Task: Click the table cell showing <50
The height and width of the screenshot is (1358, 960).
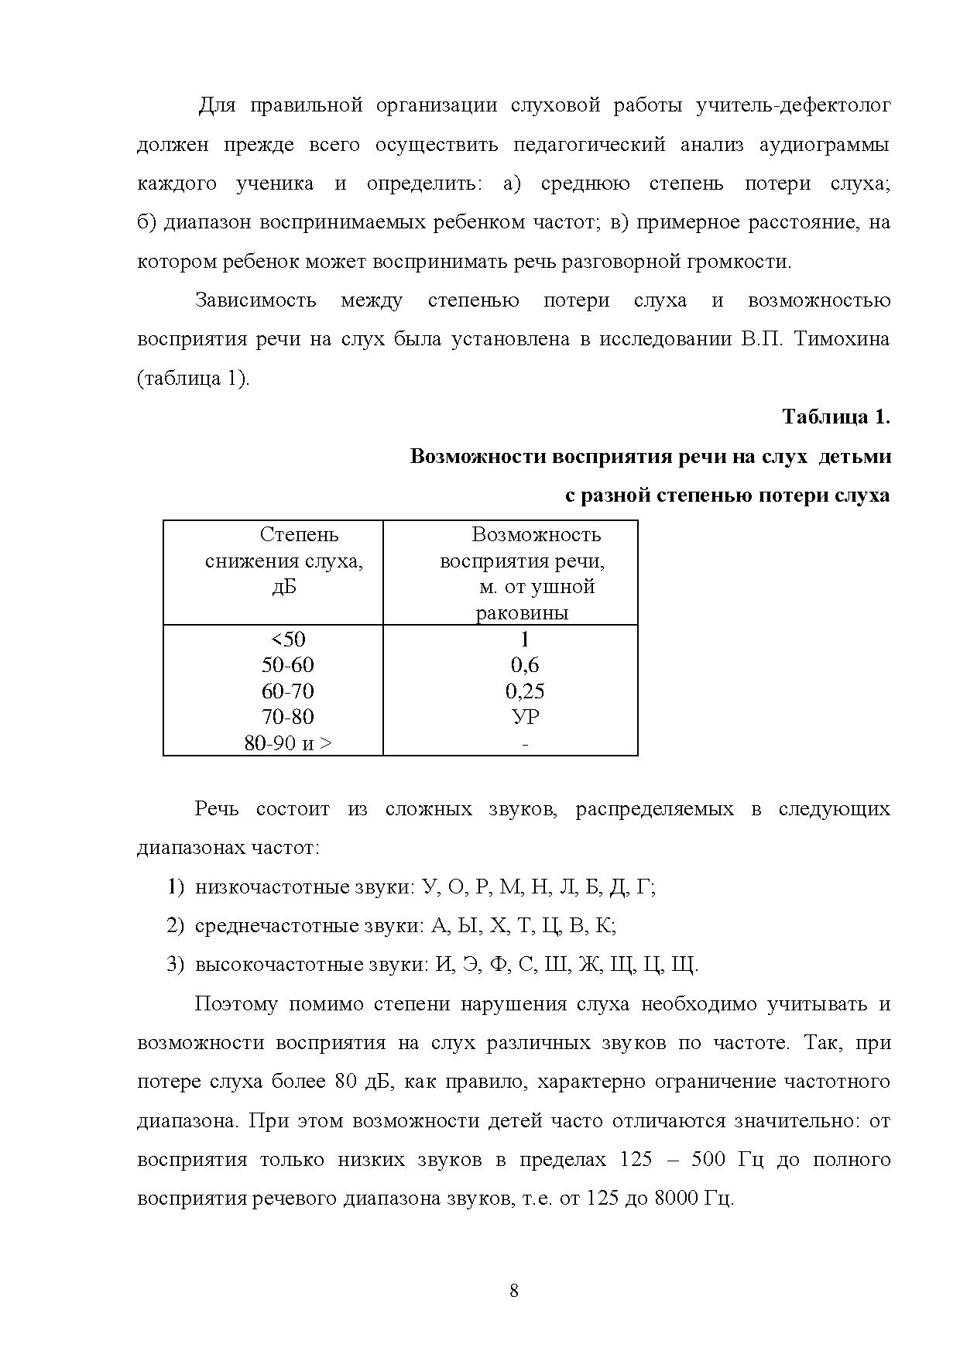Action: point(288,640)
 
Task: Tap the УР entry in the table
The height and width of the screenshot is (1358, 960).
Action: point(526,717)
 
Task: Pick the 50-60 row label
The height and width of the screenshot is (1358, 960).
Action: point(288,665)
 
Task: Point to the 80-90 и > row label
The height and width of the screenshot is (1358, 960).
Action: point(288,743)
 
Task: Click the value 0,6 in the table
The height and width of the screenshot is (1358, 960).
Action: point(525,665)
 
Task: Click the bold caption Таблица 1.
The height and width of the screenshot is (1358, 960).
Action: point(835,417)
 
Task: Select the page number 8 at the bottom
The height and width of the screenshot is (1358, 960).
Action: point(514,1291)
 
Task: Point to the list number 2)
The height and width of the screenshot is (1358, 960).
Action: point(176,926)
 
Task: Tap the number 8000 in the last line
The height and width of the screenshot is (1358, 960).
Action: point(677,1199)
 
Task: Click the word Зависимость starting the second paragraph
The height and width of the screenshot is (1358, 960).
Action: point(255,300)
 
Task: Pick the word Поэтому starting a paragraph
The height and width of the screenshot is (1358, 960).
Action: point(236,1004)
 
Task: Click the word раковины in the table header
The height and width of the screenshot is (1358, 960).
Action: point(522,613)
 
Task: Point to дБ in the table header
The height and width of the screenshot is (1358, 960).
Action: point(284,587)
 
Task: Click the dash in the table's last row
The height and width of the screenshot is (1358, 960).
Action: point(526,744)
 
